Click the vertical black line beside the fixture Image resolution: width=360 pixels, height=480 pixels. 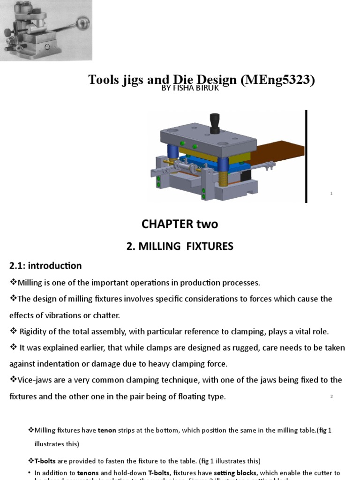pos(307,156)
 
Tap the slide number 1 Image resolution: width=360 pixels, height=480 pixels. pos(331,194)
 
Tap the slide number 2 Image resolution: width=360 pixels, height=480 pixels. pos(331,397)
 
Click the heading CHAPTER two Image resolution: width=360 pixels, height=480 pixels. pos(180,224)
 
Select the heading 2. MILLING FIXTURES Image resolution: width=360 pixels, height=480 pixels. pos(180,246)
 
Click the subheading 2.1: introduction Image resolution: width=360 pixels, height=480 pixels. pos(45,266)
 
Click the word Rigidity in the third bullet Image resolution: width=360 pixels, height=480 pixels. pos(35,331)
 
